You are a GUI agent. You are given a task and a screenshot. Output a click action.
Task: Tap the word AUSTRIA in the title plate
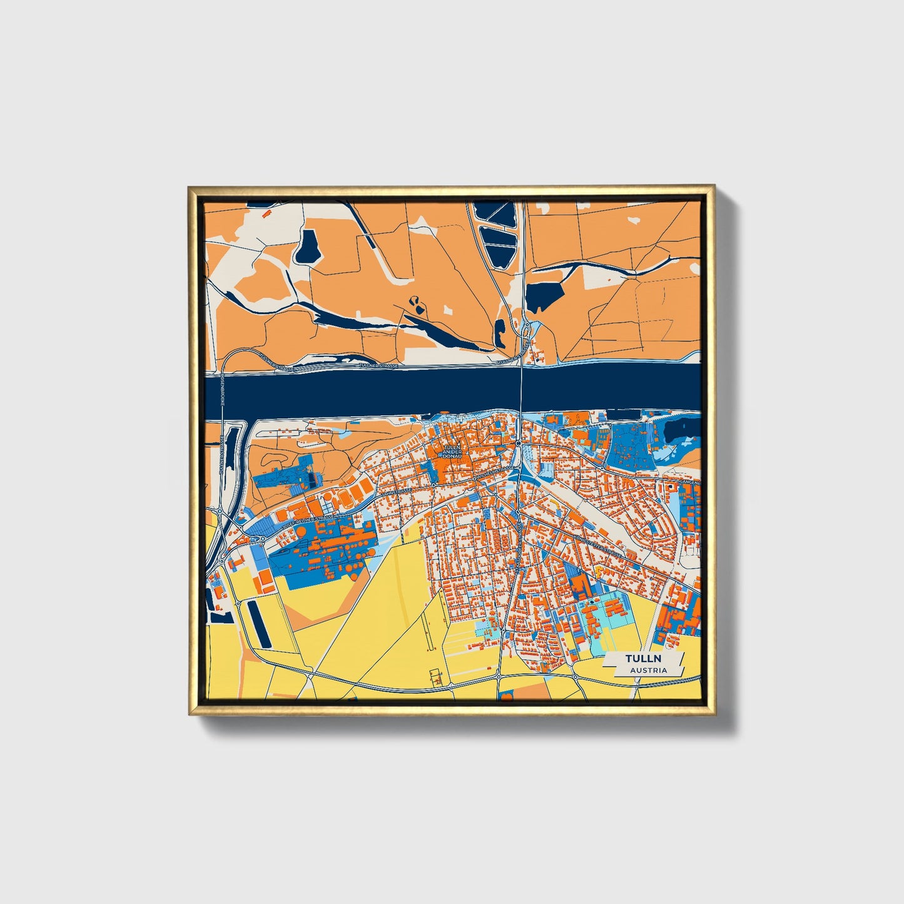point(648,670)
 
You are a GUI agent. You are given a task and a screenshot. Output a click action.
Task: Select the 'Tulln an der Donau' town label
point(450,450)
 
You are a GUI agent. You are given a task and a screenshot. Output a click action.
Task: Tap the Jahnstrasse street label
point(398,493)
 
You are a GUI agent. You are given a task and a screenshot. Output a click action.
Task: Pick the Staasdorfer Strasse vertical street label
point(518,544)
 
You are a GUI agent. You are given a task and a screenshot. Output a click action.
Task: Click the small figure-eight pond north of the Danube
point(415,304)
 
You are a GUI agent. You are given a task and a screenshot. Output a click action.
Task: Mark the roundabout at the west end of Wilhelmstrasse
point(433,485)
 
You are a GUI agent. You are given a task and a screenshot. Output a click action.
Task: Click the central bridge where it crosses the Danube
point(521,389)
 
